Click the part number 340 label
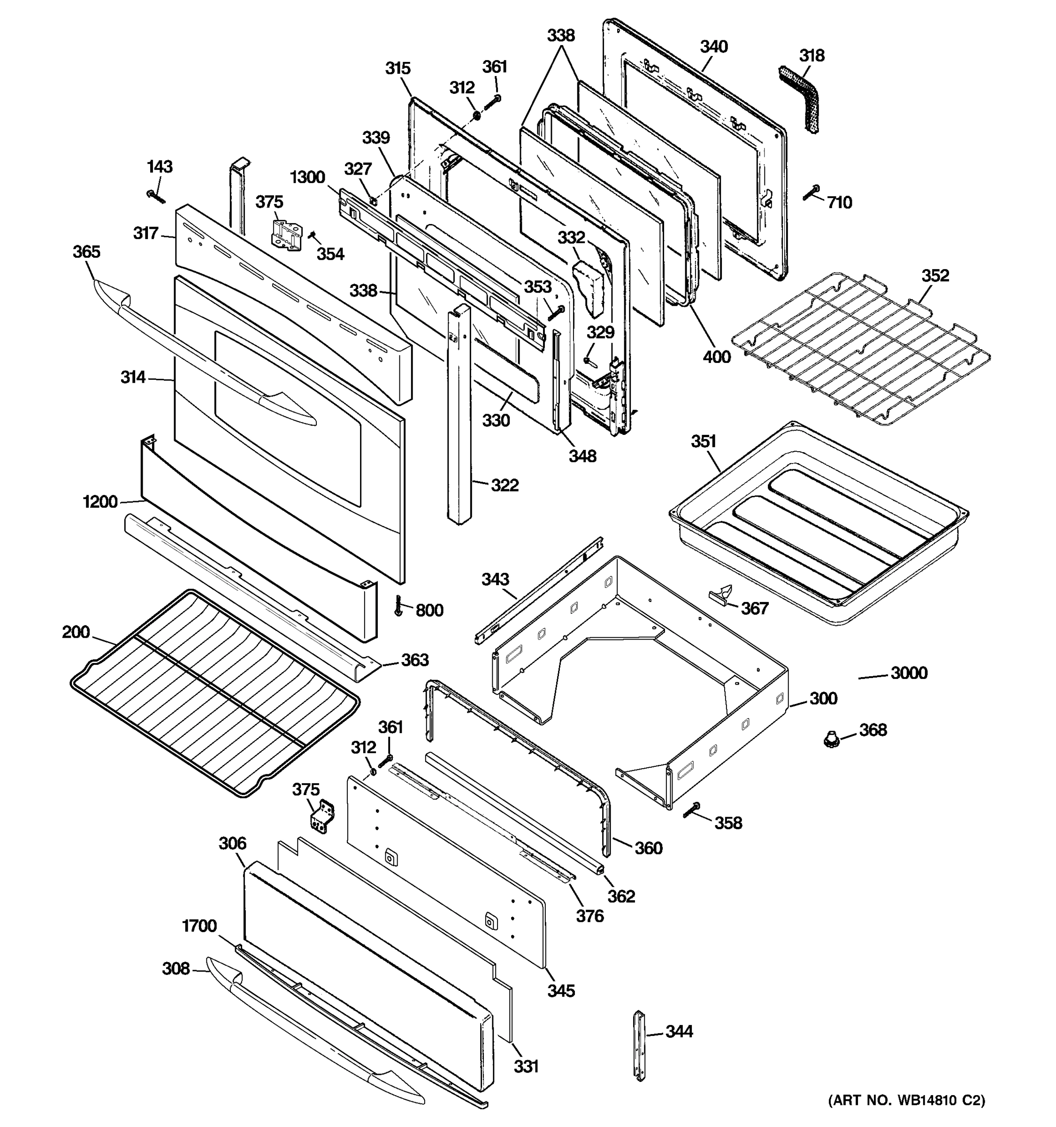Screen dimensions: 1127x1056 [713, 46]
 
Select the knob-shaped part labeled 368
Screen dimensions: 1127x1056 [831, 738]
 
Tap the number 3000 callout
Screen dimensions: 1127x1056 [909, 673]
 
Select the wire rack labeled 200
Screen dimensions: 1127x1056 [215, 692]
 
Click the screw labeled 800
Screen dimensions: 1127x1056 [399, 606]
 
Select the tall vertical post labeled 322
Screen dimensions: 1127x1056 [460, 414]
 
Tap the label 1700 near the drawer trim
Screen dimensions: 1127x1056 [199, 926]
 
